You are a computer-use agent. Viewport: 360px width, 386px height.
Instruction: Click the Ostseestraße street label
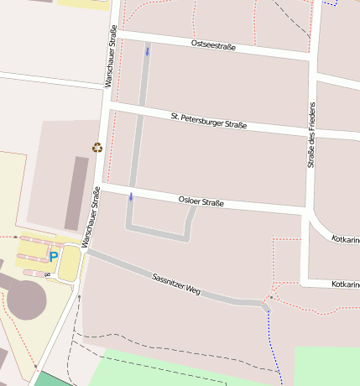213,44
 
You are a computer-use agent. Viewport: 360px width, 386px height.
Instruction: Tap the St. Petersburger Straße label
208,120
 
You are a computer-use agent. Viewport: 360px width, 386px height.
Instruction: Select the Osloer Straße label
201,201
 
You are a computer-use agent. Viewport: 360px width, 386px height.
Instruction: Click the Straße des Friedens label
311,135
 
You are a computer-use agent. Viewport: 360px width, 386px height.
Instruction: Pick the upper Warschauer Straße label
110,57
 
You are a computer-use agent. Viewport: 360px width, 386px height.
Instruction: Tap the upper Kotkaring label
346,240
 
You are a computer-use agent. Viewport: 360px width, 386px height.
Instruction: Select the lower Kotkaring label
346,284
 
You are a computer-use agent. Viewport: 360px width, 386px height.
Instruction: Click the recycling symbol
97,148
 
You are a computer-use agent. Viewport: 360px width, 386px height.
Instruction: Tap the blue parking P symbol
54,257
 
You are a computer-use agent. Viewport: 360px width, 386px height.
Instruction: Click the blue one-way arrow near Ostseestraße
148,52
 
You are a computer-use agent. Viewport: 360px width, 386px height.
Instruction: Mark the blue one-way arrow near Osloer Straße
131,197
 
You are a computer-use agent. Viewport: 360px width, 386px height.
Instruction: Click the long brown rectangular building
76,193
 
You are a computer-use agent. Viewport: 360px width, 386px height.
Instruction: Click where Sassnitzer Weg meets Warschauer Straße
86,249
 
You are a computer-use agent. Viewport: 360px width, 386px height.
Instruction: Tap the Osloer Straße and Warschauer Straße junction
102,187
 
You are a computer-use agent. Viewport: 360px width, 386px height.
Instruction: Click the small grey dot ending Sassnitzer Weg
271,297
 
